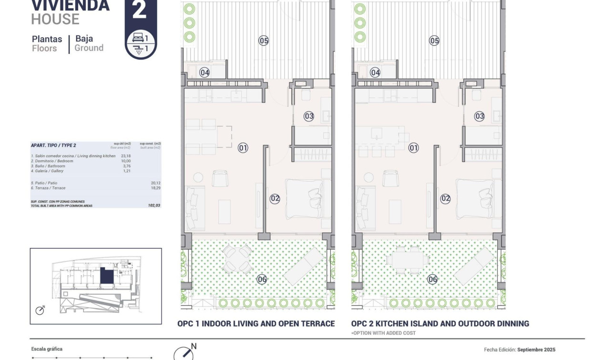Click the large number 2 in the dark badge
139,10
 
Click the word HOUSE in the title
55,20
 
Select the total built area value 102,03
154,206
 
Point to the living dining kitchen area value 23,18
125,156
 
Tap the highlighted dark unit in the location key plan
105,276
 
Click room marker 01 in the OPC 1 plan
243,148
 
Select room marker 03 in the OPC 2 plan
479,116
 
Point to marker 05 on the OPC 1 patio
264,41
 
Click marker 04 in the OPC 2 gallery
375,72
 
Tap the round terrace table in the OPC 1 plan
237,258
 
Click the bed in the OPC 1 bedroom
307,198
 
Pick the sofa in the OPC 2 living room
365,207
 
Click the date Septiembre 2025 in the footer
536,350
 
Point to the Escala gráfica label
47,349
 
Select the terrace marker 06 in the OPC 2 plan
432,279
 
